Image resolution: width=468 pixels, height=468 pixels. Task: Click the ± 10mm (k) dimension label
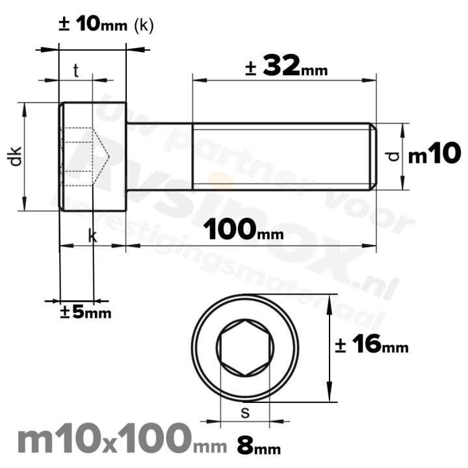[x=106, y=25]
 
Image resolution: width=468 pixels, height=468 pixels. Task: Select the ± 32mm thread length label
[x=287, y=66]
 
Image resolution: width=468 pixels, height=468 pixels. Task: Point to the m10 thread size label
[x=435, y=155]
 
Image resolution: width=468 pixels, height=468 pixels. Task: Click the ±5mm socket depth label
[x=85, y=313]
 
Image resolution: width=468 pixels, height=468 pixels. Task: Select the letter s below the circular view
[x=245, y=411]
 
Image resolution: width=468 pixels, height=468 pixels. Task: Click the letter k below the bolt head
[x=92, y=237]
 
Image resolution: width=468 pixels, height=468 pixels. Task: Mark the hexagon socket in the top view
[x=245, y=348]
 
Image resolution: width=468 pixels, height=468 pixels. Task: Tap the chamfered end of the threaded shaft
[x=373, y=156]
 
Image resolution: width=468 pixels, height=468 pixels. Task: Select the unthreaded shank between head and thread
[x=159, y=156]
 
